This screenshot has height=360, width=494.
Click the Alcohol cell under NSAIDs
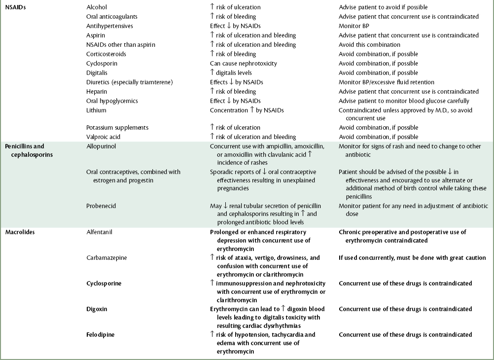tap(96, 7)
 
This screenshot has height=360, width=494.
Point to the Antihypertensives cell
tap(109, 26)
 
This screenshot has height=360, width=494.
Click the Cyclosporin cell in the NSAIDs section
tap(102, 64)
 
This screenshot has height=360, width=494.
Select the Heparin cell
tap(97, 92)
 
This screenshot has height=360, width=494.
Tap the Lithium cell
tap(96, 110)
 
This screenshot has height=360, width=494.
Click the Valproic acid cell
tap(103, 137)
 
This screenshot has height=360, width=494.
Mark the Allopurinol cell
tap(101, 146)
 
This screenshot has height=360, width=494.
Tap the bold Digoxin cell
tap(97, 309)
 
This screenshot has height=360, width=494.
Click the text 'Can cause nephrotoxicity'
tap(244, 64)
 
